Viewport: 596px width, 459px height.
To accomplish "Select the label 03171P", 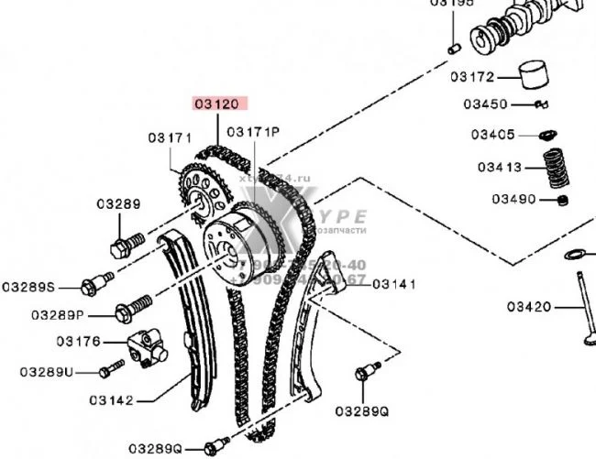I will [253, 132].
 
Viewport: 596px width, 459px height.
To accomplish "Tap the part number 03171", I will [170, 138].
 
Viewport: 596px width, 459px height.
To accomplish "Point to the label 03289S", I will [28, 287].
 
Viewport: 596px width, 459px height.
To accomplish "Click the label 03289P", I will [57, 314].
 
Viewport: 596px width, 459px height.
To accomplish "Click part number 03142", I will [112, 399].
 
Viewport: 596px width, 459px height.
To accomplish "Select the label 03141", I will [394, 284].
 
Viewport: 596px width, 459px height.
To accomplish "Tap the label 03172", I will [472, 77].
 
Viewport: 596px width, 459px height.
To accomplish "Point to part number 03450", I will [485, 104].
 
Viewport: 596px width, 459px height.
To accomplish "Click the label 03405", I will [493, 135].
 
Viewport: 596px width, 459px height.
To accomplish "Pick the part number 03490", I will [513, 198].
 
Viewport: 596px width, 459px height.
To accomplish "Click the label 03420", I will [529, 306].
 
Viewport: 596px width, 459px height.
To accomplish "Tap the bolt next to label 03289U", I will [111, 368].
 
